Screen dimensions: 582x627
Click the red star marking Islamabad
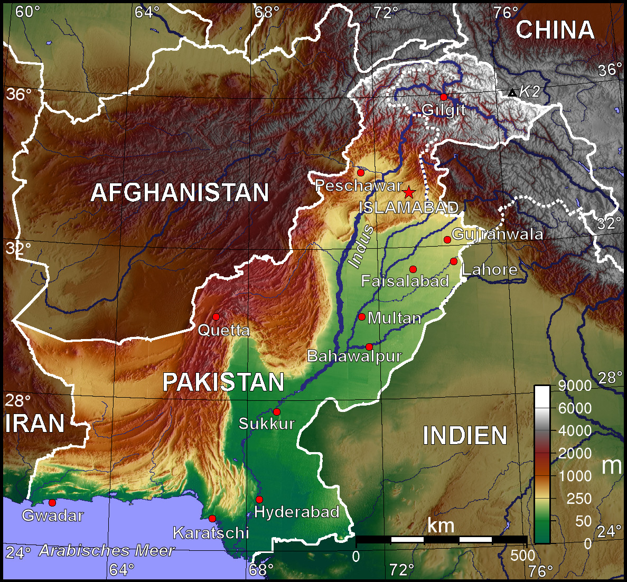click(x=408, y=192)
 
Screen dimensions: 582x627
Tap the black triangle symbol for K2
click(x=512, y=93)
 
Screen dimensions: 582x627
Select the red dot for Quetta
click(x=216, y=316)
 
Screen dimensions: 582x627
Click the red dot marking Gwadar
click(x=52, y=503)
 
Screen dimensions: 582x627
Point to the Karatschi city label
click(x=211, y=533)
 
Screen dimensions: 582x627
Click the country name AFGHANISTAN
click(x=180, y=193)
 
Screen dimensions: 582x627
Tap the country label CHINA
click(x=555, y=30)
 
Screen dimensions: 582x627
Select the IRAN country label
click(x=35, y=424)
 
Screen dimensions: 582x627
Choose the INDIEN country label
click(x=465, y=436)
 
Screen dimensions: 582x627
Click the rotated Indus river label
click(x=362, y=246)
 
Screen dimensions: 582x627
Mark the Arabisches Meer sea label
click(x=107, y=551)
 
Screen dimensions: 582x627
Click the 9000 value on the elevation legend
click(x=575, y=386)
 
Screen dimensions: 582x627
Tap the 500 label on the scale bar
click(x=522, y=556)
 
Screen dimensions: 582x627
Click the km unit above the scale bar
click(x=441, y=525)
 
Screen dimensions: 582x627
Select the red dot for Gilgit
click(x=444, y=97)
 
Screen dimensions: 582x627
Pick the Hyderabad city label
click(x=296, y=512)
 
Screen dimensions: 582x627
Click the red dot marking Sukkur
click(x=276, y=412)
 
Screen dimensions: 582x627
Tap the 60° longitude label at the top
click(x=27, y=12)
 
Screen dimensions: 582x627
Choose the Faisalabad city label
click(x=405, y=281)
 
